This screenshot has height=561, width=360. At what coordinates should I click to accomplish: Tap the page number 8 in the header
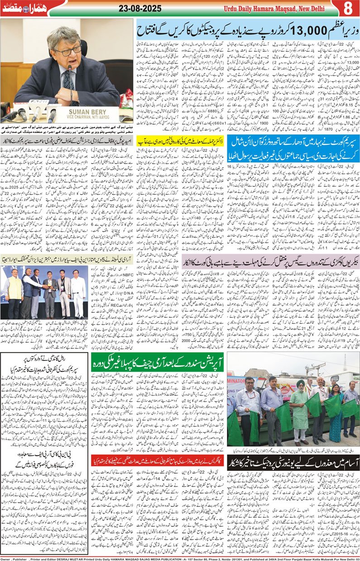(x=348, y=8)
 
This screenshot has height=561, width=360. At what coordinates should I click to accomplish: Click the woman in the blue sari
(x=336, y=408)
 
